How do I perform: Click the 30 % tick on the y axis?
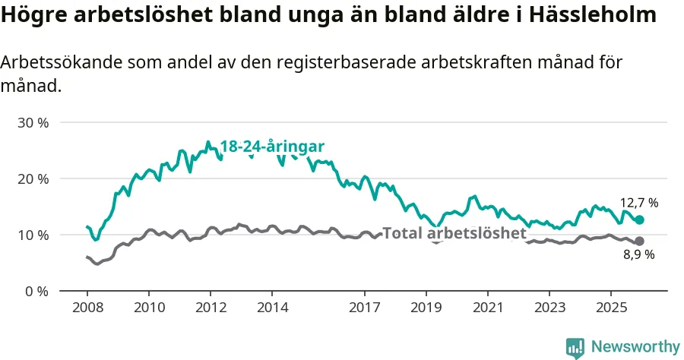pos(33,122)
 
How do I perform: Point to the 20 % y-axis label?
pos(33,178)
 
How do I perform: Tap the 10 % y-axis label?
pos(33,235)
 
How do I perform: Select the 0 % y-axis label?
pos(36,291)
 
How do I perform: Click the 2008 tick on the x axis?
pos(87,308)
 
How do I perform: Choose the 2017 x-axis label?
pos(364,308)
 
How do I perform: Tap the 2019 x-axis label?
pos(426,308)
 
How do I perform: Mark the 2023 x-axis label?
pos(549,308)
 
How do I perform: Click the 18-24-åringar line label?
pos(273,147)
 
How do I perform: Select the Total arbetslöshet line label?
pos(454,233)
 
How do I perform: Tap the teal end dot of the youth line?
pos(639,219)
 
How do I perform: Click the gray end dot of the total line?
pos(639,241)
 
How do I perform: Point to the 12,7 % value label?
pos(639,203)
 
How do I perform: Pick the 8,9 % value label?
pos(639,255)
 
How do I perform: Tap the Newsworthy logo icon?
pos(575,347)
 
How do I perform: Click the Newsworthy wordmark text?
pos(635,347)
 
